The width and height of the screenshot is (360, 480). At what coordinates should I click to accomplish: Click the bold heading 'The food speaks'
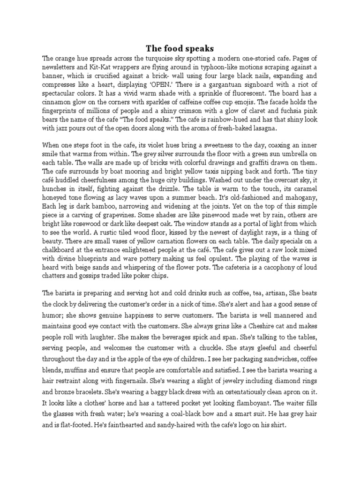pyautogui.click(x=180, y=48)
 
